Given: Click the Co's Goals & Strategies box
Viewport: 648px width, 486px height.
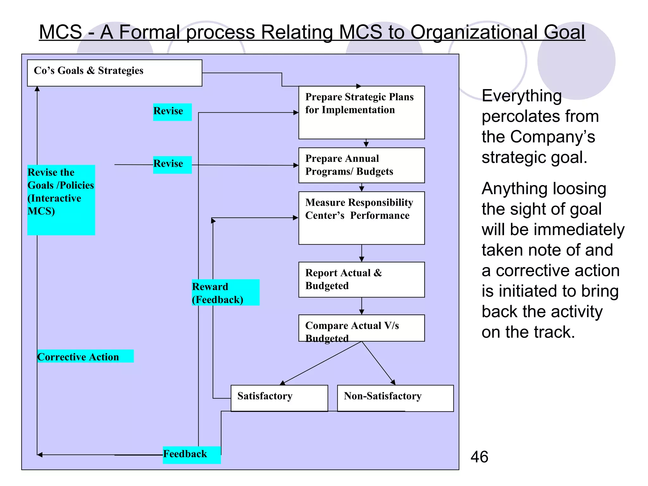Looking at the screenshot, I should tap(115, 73).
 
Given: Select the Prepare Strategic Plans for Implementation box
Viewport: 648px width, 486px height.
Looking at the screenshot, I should tap(361, 112).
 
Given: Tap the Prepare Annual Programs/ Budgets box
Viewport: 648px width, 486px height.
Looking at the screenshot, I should tap(361, 165).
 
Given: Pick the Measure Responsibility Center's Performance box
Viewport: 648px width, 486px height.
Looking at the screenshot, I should tap(361, 218).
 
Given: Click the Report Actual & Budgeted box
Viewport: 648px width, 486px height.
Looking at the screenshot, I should tap(361, 279).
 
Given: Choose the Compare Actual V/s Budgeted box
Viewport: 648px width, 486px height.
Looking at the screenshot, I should tap(361, 328).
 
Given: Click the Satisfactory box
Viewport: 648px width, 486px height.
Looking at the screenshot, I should tap(279, 398).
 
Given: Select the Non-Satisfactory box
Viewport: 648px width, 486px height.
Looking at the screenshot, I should tap(395, 398).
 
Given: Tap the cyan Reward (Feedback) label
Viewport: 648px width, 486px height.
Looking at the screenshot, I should tap(225, 292).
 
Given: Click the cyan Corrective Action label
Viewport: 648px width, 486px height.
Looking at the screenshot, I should tap(85, 356).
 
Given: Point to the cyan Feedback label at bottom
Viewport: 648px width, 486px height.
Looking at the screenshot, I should tap(191, 455).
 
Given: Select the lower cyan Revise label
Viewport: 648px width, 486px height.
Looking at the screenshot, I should tap(172, 165).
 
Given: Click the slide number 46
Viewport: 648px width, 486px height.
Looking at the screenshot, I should tap(479, 457).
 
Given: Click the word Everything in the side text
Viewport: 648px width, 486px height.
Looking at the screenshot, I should tap(521, 96).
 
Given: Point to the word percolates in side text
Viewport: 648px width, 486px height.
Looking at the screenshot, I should tap(540, 116).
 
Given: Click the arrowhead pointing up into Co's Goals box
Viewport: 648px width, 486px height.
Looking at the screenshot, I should tap(37, 89).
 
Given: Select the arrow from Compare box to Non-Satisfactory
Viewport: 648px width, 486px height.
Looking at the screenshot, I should tap(378, 363).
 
